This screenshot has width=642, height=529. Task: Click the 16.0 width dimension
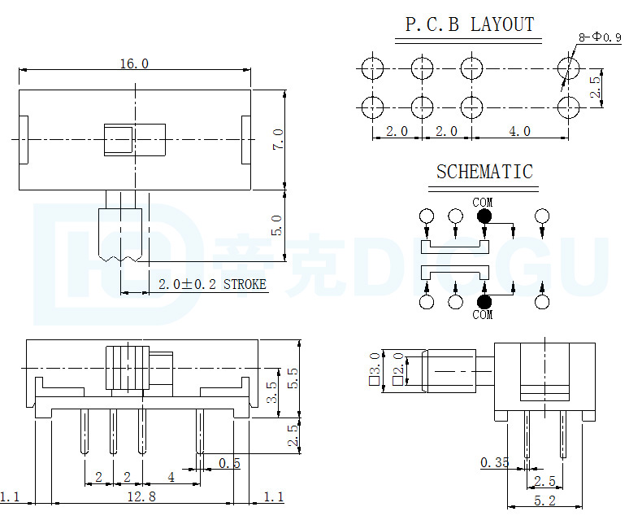[134, 64]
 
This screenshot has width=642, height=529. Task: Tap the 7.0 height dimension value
[278, 139]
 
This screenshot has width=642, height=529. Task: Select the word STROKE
[245, 284]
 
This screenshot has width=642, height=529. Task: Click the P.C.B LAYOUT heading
[470, 24]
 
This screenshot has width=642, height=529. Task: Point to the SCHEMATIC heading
[484, 172]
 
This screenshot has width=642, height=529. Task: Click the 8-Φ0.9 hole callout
[600, 37]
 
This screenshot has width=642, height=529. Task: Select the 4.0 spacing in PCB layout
[519, 131]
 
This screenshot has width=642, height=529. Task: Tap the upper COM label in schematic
[483, 203]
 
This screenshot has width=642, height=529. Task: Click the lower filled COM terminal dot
[484, 302]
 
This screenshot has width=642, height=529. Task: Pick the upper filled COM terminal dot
[484, 216]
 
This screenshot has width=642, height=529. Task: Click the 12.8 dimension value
[141, 497]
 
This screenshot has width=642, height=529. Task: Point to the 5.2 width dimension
[544, 501]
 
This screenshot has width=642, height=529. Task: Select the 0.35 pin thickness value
[494, 462]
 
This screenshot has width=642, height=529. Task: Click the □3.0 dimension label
[375, 369]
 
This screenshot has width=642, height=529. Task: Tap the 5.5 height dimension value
[293, 378]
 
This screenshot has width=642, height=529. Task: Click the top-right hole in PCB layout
[568, 68]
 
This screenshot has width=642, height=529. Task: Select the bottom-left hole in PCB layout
[372, 107]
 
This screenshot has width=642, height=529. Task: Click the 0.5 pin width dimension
[229, 463]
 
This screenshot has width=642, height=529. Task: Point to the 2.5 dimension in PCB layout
[596, 87]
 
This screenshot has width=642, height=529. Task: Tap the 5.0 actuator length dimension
[277, 225]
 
